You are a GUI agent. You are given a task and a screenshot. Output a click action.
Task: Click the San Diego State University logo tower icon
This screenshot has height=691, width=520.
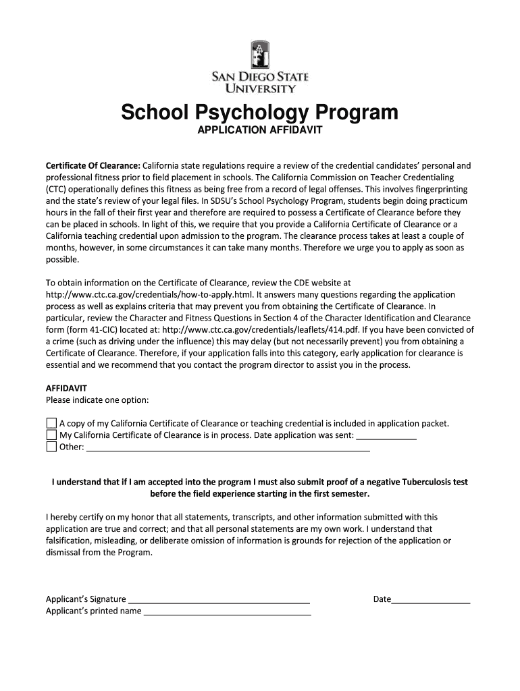coord(260,56)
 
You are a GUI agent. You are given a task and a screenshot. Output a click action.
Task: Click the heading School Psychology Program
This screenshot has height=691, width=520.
coord(259,112)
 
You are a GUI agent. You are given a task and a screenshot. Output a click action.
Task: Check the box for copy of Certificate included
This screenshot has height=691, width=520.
coord(51,423)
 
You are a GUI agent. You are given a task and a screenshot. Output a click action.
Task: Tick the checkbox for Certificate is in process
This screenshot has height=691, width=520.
coord(51,435)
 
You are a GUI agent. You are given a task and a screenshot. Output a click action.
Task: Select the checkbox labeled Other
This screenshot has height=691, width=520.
coord(51,447)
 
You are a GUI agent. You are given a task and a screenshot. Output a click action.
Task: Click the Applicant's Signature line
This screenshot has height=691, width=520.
coord(219,599)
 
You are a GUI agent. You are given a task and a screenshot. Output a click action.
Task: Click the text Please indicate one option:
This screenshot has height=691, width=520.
coord(97,400)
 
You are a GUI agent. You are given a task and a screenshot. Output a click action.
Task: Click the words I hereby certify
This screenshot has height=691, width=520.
coord(76,518)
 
